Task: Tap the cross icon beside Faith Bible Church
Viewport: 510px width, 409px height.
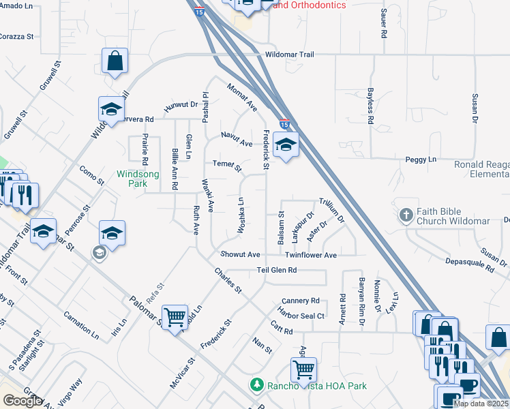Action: tap(406, 215)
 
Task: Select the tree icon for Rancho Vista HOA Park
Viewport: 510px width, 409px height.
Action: tap(256, 385)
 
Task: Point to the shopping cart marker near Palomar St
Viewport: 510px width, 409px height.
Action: tap(175, 316)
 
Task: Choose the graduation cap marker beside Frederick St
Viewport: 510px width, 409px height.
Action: tap(285, 145)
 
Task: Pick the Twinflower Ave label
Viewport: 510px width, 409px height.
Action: tap(311, 255)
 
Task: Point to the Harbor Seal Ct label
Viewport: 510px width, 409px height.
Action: tap(301, 316)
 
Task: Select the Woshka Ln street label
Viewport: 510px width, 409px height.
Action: tap(241, 216)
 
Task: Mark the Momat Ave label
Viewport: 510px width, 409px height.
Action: tap(242, 97)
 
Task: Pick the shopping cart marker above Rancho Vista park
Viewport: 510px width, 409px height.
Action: tap(303, 369)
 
